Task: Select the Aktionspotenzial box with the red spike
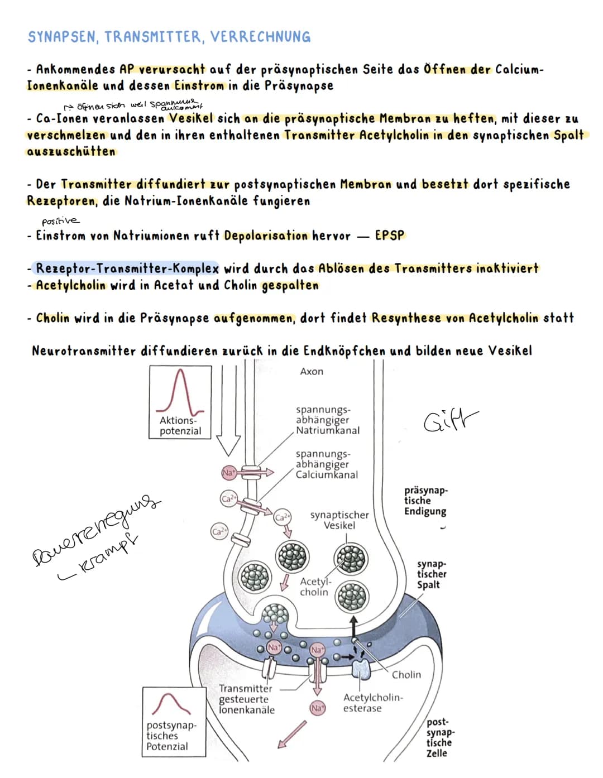(x=180, y=402)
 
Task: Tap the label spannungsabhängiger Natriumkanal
(x=327, y=420)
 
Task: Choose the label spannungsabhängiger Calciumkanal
(x=327, y=464)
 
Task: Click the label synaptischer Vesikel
(x=339, y=520)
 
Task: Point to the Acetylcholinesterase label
(x=372, y=703)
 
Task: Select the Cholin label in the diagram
(x=406, y=675)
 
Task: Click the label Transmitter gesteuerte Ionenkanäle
(x=247, y=699)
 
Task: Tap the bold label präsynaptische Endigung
(x=425, y=501)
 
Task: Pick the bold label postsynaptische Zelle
(x=439, y=737)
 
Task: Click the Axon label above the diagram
(x=312, y=372)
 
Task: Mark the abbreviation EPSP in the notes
(x=389, y=236)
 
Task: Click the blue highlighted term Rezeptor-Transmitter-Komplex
(x=127, y=268)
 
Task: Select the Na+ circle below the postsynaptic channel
(x=317, y=708)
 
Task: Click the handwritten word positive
(x=60, y=220)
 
